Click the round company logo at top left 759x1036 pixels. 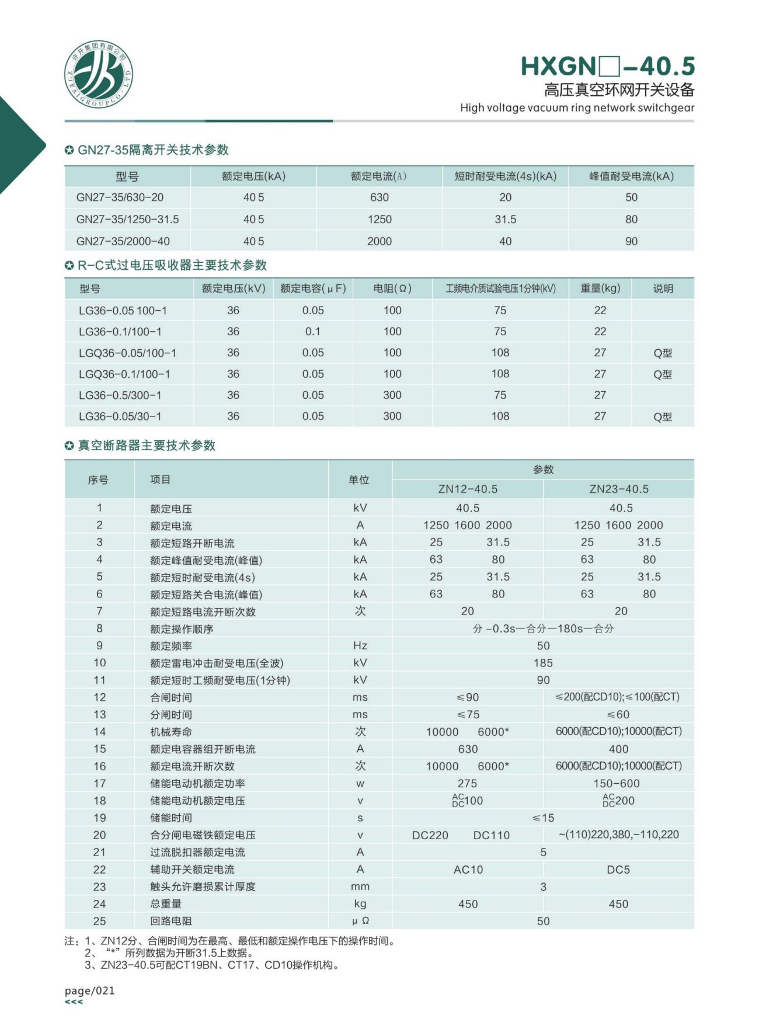(98, 74)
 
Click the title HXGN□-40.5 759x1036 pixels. (607, 67)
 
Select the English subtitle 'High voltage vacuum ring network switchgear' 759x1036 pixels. (577, 107)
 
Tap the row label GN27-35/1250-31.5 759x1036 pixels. (127, 220)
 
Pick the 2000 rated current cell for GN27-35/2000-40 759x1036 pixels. (379, 241)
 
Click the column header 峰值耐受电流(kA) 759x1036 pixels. (631, 176)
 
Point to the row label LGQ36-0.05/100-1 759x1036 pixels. (127, 353)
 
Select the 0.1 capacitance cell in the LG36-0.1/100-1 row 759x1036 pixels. (313, 332)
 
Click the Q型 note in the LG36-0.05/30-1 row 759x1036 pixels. (663, 417)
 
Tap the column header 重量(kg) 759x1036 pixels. (600, 288)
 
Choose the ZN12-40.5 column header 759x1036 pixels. (468, 489)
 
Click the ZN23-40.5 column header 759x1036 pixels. (619, 489)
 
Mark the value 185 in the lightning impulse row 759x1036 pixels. (543, 663)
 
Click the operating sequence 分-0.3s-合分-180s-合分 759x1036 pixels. (543, 629)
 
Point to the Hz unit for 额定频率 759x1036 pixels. (360, 646)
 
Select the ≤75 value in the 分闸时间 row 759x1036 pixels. (468, 715)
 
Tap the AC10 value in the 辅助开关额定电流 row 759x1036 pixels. (468, 870)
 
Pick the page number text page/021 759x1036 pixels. (90, 990)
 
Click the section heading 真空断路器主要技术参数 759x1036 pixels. (147, 446)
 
